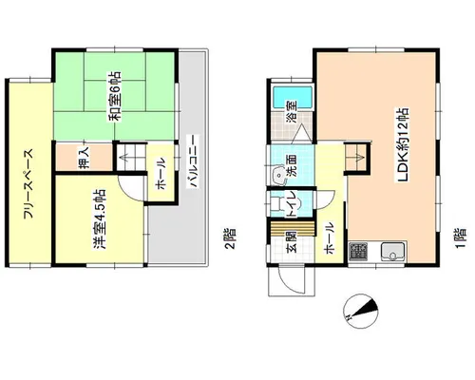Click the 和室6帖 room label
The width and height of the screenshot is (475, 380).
point(115,96)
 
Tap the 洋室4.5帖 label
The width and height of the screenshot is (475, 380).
point(99,220)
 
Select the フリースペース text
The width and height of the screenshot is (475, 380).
point(28,184)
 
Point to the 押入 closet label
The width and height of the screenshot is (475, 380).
point(85,158)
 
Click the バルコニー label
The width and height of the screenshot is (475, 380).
point(193,161)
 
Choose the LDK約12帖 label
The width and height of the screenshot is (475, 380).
point(403,145)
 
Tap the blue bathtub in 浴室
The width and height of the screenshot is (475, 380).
point(293,97)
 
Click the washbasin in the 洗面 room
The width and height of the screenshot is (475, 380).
point(279,175)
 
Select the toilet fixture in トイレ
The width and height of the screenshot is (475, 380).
point(276,203)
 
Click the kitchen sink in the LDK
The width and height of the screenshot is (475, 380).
point(393,252)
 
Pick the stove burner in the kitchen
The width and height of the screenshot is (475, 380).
point(358,252)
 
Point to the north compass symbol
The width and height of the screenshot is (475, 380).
point(361,311)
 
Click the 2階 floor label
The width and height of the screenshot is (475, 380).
point(231,238)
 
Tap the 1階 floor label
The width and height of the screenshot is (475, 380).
point(461,237)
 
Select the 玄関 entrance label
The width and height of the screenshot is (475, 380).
point(292,242)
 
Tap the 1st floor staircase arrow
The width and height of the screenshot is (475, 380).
point(360,156)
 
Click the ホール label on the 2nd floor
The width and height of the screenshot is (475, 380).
point(161,174)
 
